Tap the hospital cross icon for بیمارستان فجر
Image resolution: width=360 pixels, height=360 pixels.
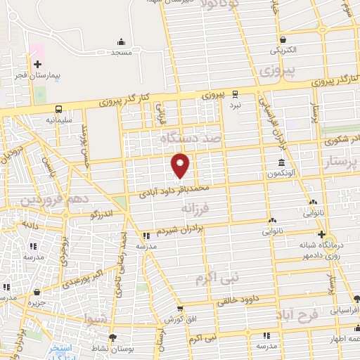click(37, 65)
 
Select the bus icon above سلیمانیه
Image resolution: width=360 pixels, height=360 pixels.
click(58, 109)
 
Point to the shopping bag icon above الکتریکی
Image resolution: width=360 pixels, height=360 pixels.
click(282, 39)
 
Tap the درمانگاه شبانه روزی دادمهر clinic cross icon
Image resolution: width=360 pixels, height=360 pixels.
click(322, 234)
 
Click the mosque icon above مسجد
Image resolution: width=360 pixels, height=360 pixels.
click(121, 41)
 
